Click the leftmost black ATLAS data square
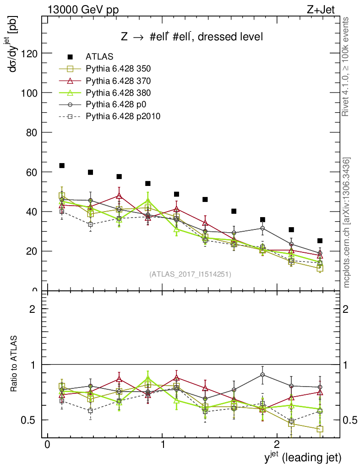tap(62, 165)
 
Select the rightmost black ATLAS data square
tap(320, 240)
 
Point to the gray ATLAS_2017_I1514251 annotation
tap(190, 274)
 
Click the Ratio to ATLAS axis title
tap(15, 365)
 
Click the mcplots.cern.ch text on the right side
tap(347, 223)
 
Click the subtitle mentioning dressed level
tap(192, 37)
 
